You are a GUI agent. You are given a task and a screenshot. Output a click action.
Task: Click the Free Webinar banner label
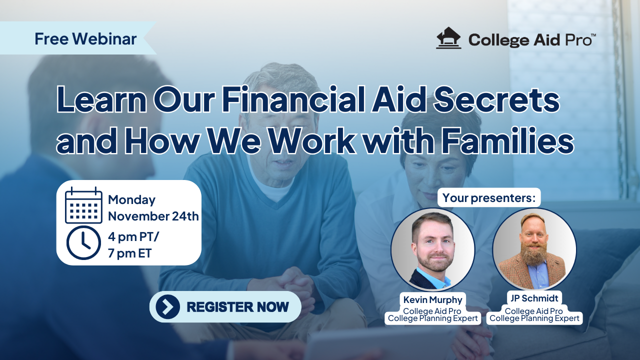pos(85,38)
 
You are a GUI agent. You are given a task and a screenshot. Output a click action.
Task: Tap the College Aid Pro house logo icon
pos(448,38)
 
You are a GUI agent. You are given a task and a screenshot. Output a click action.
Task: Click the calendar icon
pos(83,205)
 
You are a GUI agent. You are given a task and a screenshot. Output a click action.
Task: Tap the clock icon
pos(83,242)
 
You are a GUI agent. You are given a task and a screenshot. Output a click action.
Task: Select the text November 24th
pos(153,216)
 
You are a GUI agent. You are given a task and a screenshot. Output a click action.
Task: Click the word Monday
pos(131,199)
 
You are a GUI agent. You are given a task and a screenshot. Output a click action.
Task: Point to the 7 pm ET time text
pos(129,253)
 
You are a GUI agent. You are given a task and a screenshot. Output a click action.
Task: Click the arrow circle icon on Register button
pos(167,306)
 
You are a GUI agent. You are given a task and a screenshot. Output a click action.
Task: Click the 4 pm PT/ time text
pos(133,236)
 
